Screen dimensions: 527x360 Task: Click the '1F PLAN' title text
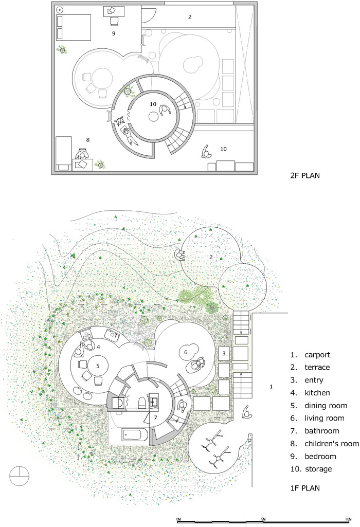pyautogui.click(x=305, y=487)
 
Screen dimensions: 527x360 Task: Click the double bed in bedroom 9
pyautogui.click(x=74, y=27)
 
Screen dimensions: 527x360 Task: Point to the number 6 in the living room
pyautogui.click(x=185, y=352)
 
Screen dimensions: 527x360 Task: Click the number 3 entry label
pyautogui.click(x=223, y=353)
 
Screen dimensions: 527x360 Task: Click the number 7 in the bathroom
pyautogui.click(x=155, y=417)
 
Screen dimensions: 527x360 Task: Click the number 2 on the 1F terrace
pyautogui.click(x=211, y=256)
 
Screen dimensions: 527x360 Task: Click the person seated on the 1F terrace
pyautogui.click(x=181, y=255)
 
